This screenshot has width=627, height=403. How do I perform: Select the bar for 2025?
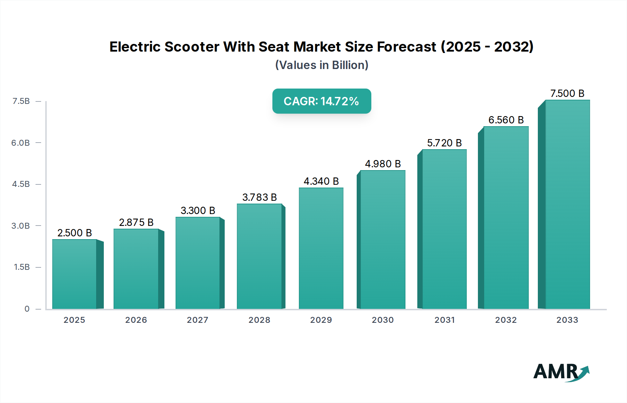click(75, 274)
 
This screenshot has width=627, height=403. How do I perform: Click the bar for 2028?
click(260, 256)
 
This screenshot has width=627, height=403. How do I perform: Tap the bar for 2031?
click(444, 229)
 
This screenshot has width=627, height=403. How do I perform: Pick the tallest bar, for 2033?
click(567, 204)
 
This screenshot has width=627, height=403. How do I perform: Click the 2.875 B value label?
click(136, 222)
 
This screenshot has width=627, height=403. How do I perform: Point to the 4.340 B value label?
click(321, 181)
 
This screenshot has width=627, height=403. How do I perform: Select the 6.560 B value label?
click(506, 120)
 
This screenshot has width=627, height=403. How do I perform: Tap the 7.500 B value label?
click(567, 93)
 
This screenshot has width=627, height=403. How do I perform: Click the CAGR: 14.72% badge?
click(322, 101)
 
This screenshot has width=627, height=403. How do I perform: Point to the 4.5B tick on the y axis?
click(21, 184)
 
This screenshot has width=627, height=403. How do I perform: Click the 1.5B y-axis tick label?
click(22, 267)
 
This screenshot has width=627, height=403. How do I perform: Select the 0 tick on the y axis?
click(27, 309)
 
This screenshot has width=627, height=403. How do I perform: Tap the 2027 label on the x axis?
click(198, 320)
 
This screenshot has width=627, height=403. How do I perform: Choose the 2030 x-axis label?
click(382, 320)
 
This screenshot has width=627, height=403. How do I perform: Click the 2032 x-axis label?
click(506, 320)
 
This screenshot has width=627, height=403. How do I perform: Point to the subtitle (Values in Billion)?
click(322, 65)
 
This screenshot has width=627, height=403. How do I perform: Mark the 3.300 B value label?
click(198, 211)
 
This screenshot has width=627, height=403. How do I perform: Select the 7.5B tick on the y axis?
click(21, 101)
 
